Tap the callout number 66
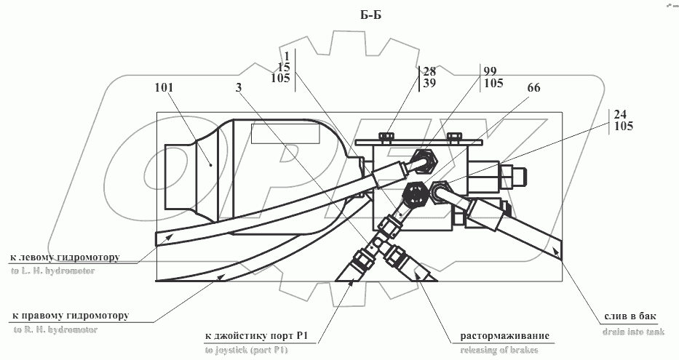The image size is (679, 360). [533, 88]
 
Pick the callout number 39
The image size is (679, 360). [429, 83]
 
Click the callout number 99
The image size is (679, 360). [491, 71]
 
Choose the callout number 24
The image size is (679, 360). [620, 114]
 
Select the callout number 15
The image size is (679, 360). [285, 67]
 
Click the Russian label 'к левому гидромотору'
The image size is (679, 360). [64, 257]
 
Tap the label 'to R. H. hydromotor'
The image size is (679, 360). [55, 329]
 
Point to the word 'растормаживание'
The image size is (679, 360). [504, 336]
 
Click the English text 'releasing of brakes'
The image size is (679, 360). [498, 350]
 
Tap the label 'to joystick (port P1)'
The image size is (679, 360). [247, 350]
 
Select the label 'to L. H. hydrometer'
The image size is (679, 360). [53, 271]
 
